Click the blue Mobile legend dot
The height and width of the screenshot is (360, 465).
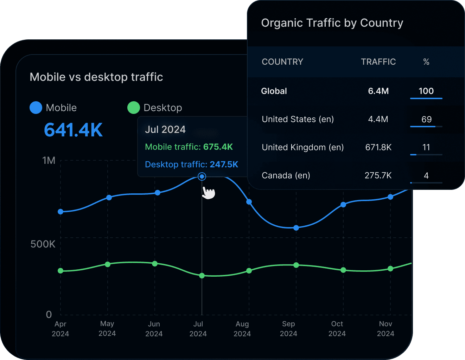[x=36, y=108]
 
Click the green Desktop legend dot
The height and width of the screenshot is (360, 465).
[x=133, y=108]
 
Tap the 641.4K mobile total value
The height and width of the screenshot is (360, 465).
[x=73, y=130]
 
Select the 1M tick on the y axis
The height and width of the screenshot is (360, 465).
[x=49, y=161]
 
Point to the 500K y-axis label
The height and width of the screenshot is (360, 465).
[x=43, y=244]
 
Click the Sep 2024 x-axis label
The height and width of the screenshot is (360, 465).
[x=288, y=329]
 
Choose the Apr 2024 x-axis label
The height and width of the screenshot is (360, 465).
[x=60, y=329]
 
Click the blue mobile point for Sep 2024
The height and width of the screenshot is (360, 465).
[x=296, y=228]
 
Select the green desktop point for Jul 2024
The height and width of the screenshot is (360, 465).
[x=202, y=276]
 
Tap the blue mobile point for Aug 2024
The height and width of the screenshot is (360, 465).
[x=249, y=202]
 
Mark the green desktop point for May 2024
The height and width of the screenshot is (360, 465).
[x=108, y=264]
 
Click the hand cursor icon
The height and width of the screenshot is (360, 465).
[x=209, y=193]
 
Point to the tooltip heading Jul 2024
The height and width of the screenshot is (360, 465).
[x=165, y=129]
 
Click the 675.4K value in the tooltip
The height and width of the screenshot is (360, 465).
[x=218, y=147]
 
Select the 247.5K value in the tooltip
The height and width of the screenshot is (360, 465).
[x=224, y=165]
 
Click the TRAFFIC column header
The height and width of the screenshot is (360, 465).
[x=378, y=62]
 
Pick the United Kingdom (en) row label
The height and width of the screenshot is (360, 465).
[x=302, y=147]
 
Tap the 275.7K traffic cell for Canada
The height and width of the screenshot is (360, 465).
[x=378, y=175]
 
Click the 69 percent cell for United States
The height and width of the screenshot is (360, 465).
[x=426, y=120]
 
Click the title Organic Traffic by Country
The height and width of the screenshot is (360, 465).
[x=332, y=23]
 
